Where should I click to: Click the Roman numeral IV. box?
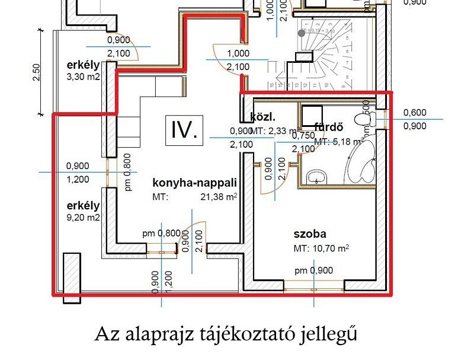184,129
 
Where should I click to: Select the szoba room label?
310,234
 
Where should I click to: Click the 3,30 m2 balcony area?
83,77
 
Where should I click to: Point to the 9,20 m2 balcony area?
83,218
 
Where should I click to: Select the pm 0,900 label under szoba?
314,270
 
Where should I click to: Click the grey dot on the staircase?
302,33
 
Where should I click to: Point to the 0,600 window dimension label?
414,113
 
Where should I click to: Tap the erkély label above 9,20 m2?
83,206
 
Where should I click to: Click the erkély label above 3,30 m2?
83,65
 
